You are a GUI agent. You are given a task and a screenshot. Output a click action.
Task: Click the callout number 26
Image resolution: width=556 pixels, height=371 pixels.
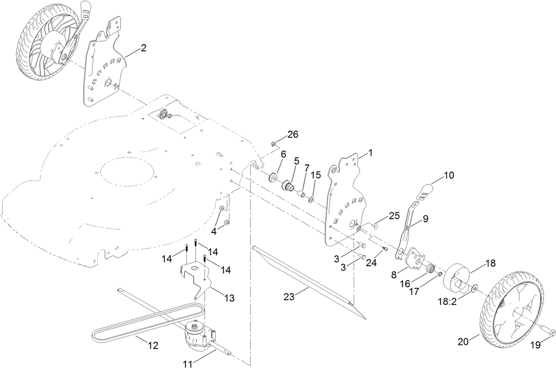(293, 134)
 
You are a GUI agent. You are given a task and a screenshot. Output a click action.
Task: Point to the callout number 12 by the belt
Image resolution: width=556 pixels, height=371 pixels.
(152, 345)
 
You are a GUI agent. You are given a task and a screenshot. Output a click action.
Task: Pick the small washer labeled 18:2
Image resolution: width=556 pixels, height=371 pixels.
(473, 289)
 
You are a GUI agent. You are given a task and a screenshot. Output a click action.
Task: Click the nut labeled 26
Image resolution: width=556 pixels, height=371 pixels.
(274, 144)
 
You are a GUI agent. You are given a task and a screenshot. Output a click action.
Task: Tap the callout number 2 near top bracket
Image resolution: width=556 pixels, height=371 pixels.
(143, 49)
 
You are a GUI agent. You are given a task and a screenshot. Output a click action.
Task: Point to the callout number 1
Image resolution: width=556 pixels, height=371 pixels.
(370, 153)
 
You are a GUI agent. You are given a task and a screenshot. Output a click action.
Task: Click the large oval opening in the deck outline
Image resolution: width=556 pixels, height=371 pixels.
(127, 172)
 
